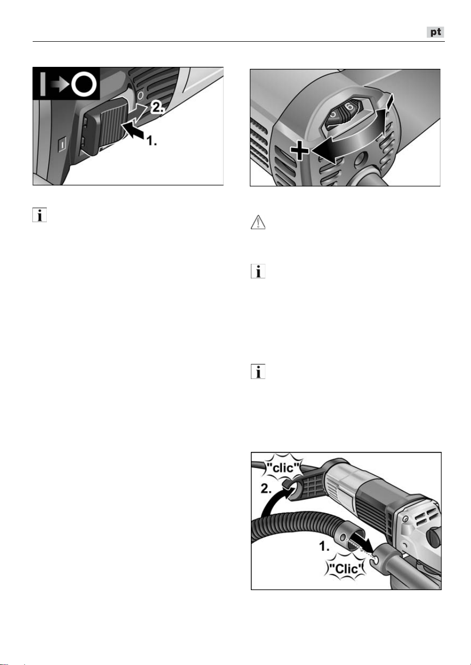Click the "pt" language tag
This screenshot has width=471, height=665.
[x=435, y=32]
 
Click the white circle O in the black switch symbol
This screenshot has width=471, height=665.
[x=84, y=83]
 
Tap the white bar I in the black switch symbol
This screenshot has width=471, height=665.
[x=43, y=84]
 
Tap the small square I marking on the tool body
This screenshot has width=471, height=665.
[x=63, y=145]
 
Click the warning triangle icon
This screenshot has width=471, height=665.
[x=258, y=222]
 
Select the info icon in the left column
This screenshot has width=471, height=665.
[x=40, y=215]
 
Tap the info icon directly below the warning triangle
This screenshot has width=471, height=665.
[x=258, y=271]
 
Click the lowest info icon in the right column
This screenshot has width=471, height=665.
[x=258, y=371]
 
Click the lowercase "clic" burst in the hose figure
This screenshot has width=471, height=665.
[x=283, y=468]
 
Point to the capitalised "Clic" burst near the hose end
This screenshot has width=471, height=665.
[x=346, y=569]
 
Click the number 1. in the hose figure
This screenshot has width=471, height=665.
[x=324, y=546]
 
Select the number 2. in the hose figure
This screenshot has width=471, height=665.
[x=266, y=489]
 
